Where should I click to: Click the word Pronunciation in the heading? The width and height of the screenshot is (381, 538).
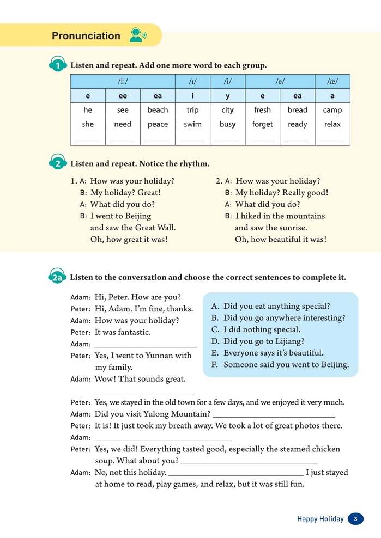click(x=86, y=36)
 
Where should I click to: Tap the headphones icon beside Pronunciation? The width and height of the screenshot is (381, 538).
click(x=137, y=35)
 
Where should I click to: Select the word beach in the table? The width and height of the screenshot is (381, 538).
click(x=158, y=110)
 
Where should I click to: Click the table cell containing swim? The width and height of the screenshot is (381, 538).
click(x=192, y=124)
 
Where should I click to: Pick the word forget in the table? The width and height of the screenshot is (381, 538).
click(x=262, y=124)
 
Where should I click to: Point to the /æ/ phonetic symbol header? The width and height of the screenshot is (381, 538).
click(x=332, y=82)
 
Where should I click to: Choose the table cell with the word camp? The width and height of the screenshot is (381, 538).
click(x=332, y=110)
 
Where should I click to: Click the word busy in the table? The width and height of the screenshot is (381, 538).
click(x=227, y=124)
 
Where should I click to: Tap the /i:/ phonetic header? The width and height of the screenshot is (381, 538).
click(x=123, y=82)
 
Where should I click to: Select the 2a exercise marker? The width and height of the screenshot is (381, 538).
click(x=57, y=278)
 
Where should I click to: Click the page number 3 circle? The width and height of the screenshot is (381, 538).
click(x=355, y=519)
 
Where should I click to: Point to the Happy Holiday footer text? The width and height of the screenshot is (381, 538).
click(x=320, y=519)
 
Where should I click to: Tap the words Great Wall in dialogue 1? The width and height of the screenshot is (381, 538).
click(x=154, y=228)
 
